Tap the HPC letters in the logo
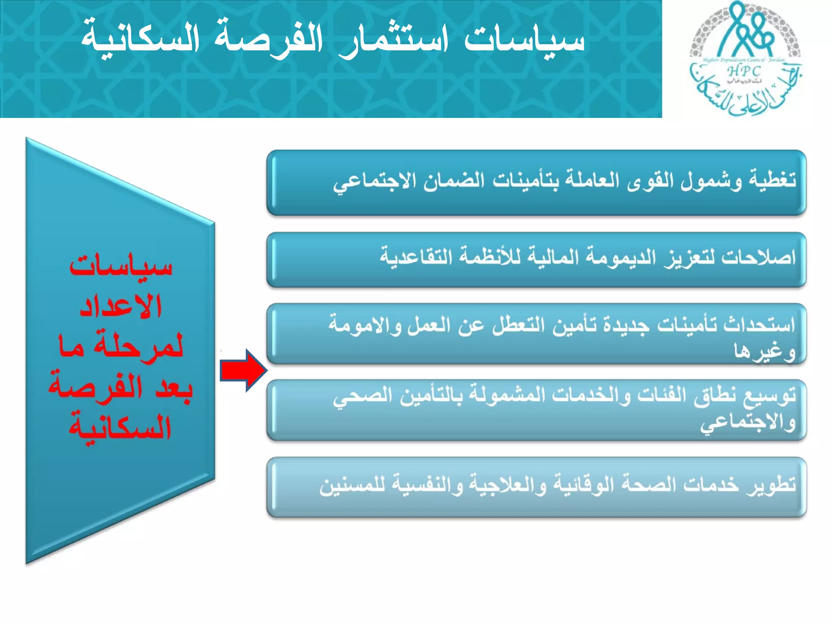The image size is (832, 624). (x=744, y=71)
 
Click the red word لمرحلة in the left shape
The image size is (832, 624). (x=138, y=347)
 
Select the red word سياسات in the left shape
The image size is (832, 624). (x=121, y=266)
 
